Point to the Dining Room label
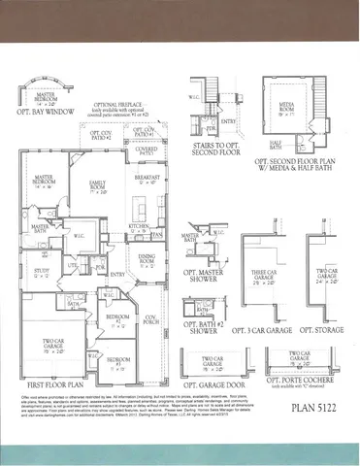click(145, 259)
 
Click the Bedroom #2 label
click(115, 319)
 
